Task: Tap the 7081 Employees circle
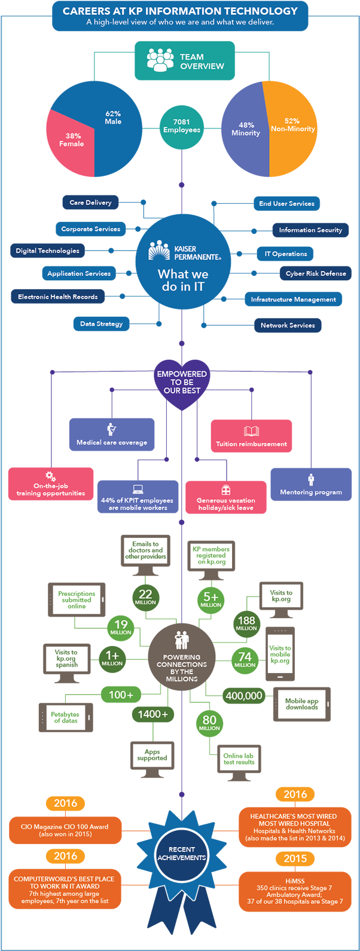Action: click(182, 126)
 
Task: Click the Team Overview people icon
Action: click(160, 60)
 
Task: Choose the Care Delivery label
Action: click(90, 203)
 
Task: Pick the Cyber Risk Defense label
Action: click(315, 273)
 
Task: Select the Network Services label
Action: click(288, 325)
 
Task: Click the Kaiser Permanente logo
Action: click(159, 250)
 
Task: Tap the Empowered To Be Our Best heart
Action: click(182, 383)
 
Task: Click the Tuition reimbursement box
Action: click(251, 435)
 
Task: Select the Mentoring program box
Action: click(311, 484)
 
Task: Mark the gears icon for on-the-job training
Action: click(51, 476)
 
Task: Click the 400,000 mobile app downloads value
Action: click(244, 696)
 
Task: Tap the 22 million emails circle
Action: click(145, 596)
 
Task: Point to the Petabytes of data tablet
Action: click(66, 717)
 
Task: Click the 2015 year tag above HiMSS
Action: click(295, 858)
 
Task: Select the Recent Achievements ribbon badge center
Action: click(181, 853)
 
